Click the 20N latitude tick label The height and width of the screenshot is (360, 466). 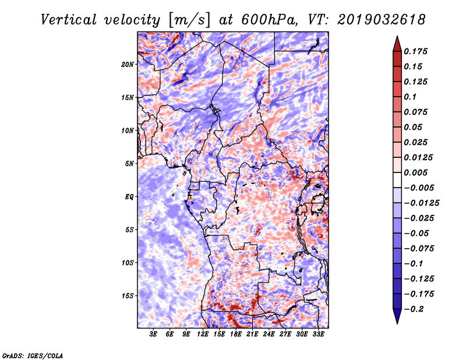pyautogui.click(x=128, y=65)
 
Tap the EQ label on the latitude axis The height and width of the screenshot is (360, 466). pyautogui.click(x=129, y=197)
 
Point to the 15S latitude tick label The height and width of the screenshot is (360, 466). pyautogui.click(x=128, y=296)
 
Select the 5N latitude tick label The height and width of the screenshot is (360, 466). pyautogui.click(x=129, y=164)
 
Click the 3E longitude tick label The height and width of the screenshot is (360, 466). pyautogui.click(x=153, y=334)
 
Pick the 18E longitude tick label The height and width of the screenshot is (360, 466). pyautogui.click(x=236, y=334)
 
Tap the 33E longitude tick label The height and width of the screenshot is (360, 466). pyautogui.click(x=318, y=334)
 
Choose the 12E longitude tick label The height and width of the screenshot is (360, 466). pyautogui.click(x=203, y=334)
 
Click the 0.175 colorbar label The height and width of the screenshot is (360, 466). pyautogui.click(x=415, y=51)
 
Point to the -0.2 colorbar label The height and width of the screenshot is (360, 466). pyautogui.click(x=414, y=309)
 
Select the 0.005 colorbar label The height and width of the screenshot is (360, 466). pyautogui.click(x=415, y=172)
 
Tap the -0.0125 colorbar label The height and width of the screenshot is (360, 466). pyautogui.click(x=421, y=203)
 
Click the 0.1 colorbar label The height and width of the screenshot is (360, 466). pyautogui.click(x=410, y=97)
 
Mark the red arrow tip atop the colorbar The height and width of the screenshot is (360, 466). pyautogui.click(x=397, y=36)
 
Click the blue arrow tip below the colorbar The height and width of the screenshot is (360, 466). pyautogui.click(x=397, y=323)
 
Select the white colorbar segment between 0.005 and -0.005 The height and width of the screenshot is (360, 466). pyautogui.click(x=397, y=180)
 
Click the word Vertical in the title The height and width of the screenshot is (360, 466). pyautogui.click(x=69, y=20)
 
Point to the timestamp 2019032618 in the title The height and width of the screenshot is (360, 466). pyautogui.click(x=382, y=20)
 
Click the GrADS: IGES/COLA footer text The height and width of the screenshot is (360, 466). pyautogui.click(x=33, y=356)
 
